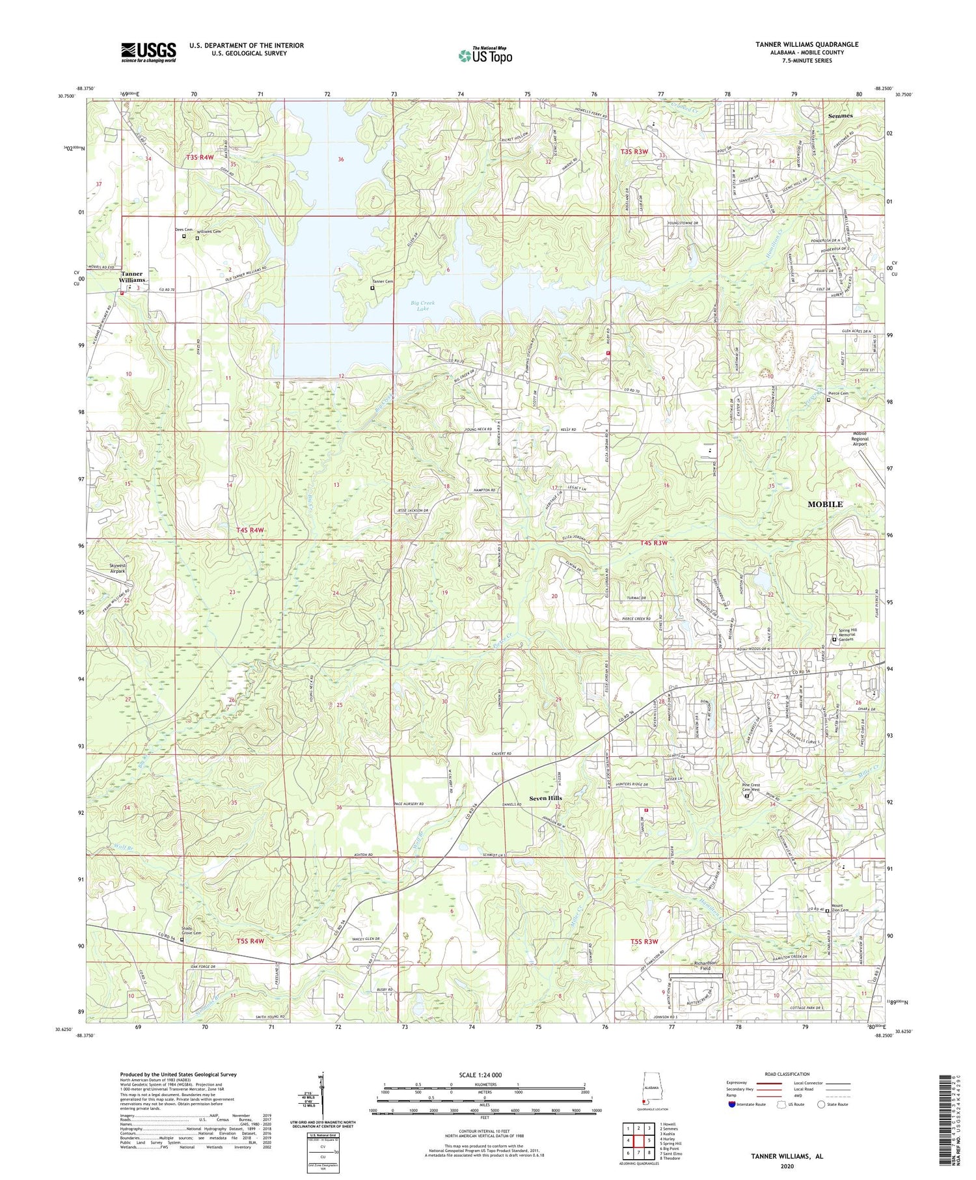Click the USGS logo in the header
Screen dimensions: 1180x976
pos(148,52)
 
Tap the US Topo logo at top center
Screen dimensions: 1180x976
pos(485,55)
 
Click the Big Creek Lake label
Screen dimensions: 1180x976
pos(423,306)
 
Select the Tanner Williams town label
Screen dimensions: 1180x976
pos(132,277)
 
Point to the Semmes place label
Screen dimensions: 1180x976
pos(840,116)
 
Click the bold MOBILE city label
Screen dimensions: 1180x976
pos(825,504)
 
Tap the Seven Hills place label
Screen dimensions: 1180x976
pos(545,798)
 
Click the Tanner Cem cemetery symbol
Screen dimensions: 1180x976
pos(372,287)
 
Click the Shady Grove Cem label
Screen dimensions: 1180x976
pos(191,931)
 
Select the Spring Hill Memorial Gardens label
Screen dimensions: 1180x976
pos(854,635)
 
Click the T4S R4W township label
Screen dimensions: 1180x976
pos(251,530)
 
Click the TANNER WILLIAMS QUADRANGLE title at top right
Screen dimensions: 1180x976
pos(807,44)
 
